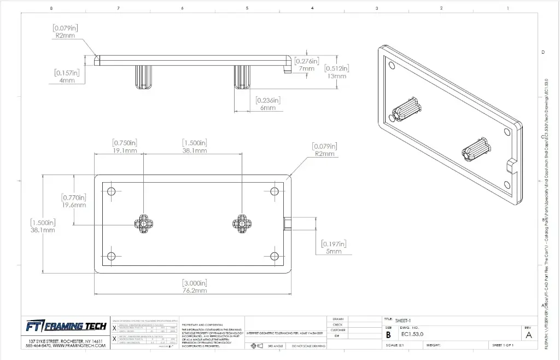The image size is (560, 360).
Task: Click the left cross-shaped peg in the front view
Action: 143,223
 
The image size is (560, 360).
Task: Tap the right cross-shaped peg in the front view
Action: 241,223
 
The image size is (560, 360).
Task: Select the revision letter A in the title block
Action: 528,335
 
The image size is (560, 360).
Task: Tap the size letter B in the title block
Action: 388,334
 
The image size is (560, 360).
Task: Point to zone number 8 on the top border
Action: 51,8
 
